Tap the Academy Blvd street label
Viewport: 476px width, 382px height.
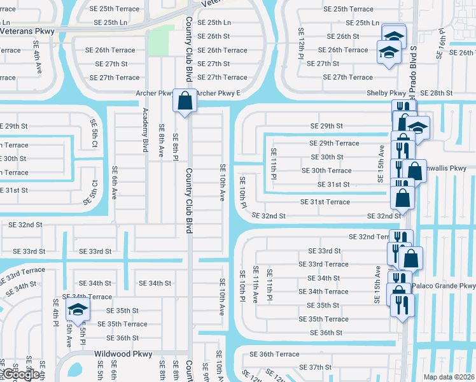click(x=146, y=129)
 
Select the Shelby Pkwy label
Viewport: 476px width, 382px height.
click(x=386, y=93)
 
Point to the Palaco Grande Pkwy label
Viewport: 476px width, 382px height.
click(x=444, y=286)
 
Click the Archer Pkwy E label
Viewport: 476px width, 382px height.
click(x=218, y=93)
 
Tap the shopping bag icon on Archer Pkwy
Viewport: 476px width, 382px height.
click(x=185, y=101)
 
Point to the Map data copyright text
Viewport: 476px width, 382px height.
click(x=449, y=377)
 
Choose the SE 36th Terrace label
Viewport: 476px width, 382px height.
click(x=274, y=354)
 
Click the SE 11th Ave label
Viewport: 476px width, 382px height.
click(x=256, y=283)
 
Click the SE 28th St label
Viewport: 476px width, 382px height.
click(x=436, y=93)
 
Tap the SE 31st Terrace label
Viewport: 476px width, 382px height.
click(x=325, y=202)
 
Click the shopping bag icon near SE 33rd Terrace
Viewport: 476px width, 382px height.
click(x=412, y=258)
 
